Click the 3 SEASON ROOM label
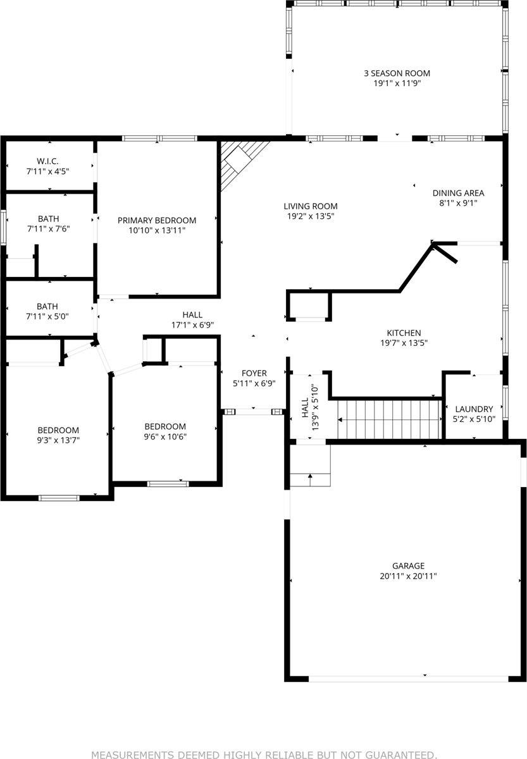point(397,73)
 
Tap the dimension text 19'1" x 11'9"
point(397,83)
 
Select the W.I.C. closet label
point(47,161)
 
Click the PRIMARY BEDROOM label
point(157,220)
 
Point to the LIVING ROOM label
point(310,206)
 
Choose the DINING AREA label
point(458,194)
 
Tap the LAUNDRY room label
point(474,409)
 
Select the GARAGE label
point(408,566)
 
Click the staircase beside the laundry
point(388,419)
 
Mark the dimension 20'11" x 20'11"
point(408,576)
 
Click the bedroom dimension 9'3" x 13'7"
point(58,440)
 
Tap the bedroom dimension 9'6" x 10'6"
point(165,436)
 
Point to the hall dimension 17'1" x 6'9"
point(192,325)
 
